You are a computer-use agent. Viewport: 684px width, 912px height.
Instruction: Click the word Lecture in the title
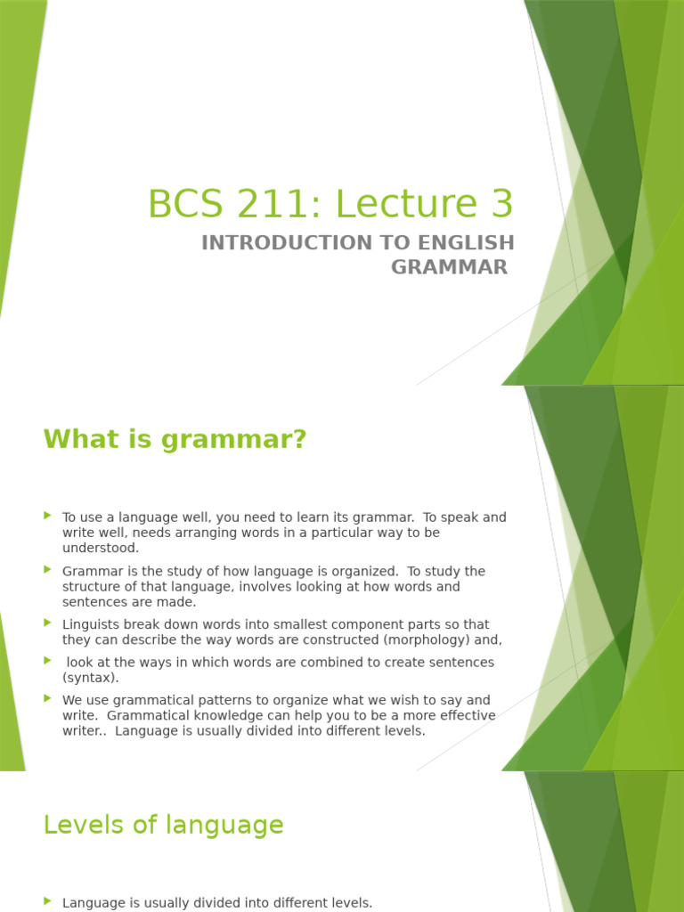403,204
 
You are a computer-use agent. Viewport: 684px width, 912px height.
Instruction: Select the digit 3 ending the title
501,204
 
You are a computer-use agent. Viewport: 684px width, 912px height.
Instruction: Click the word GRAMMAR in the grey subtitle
449,266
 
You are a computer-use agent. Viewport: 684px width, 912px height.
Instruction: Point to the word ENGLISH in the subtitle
462,242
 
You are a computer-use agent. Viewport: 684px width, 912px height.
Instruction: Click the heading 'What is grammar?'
175,439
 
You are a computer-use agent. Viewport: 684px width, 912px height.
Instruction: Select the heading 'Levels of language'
163,825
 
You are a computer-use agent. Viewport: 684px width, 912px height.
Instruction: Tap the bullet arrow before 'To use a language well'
48,516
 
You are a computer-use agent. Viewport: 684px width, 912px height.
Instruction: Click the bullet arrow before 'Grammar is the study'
48,570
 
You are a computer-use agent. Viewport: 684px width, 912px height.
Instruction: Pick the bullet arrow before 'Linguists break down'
48,623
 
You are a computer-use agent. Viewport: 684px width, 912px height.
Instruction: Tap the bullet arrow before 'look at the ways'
48,661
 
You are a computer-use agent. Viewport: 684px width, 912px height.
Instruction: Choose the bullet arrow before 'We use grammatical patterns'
48,699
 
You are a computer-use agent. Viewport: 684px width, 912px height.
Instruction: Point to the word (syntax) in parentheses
90,678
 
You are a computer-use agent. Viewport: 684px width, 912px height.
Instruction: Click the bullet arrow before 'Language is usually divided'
48,902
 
